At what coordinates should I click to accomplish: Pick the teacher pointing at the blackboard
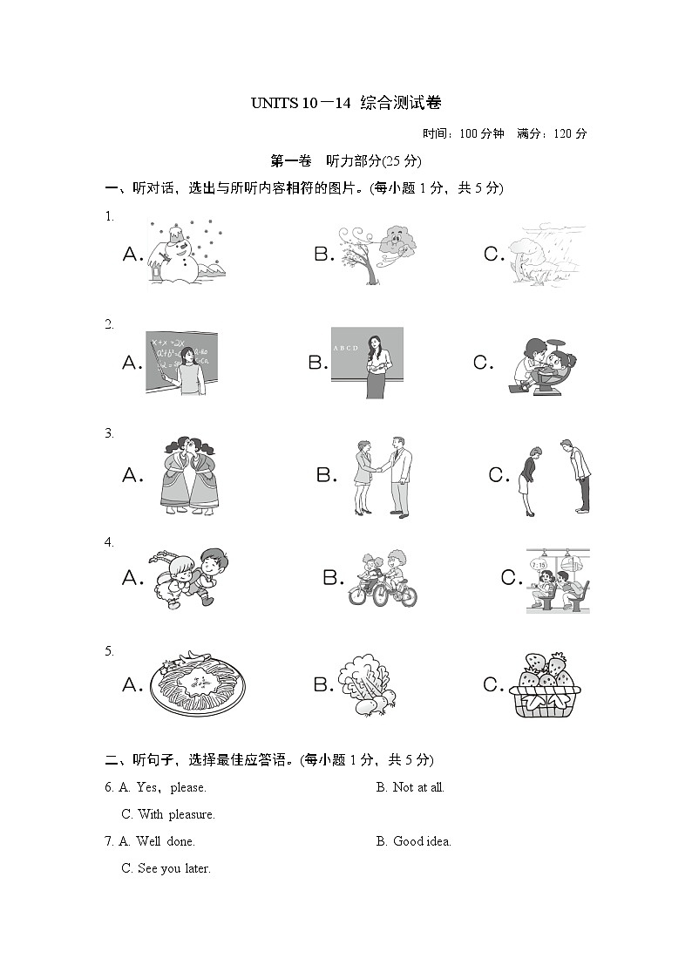pyautogui.click(x=181, y=363)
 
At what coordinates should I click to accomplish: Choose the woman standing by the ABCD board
pyautogui.click(x=367, y=363)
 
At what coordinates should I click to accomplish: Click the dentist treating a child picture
pyautogui.click(x=540, y=363)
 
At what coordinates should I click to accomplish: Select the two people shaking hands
pyautogui.click(x=382, y=476)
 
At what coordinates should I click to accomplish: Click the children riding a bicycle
pyautogui.click(x=383, y=578)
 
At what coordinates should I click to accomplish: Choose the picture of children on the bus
pyautogui.click(x=558, y=580)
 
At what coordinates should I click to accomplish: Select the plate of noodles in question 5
pyautogui.click(x=197, y=685)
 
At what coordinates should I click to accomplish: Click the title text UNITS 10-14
pyautogui.click(x=346, y=104)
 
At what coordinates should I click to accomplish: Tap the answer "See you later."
pyautogui.click(x=173, y=868)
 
